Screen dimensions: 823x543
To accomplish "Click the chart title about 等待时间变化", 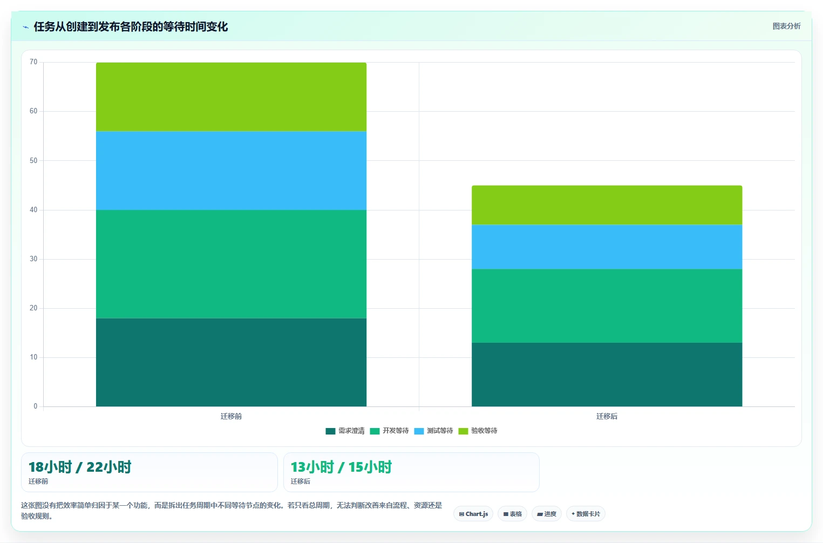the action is point(131,26).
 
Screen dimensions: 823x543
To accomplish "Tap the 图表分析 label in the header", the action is point(786,26).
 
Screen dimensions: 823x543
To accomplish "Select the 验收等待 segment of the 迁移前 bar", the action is point(231,97).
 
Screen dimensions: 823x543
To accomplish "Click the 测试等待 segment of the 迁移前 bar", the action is point(231,171).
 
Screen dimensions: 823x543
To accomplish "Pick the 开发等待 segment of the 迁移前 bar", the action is point(231,264).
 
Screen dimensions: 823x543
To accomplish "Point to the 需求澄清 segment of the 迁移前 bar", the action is point(231,362).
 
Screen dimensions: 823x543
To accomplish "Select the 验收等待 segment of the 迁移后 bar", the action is point(607,205).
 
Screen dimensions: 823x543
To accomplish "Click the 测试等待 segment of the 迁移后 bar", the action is point(607,247).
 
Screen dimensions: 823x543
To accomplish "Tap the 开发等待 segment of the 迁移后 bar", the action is point(607,306).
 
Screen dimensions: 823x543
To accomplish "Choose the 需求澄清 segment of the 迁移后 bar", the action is point(607,375).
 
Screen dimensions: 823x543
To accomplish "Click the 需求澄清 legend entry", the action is point(345,431).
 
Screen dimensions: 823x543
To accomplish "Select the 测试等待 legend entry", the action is point(433,431).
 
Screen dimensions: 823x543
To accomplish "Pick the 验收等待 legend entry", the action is point(478,431).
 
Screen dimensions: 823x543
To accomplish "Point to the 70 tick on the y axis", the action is point(33,62).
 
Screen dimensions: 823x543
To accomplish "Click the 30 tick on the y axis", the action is point(33,259).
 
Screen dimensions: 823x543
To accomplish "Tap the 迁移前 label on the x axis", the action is point(231,416).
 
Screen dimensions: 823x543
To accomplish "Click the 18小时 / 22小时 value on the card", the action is point(80,467).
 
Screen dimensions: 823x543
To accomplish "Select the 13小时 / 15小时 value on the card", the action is point(341,467).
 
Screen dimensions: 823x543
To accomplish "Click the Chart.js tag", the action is point(473,514).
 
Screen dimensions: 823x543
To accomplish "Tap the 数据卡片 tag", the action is point(586,514).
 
